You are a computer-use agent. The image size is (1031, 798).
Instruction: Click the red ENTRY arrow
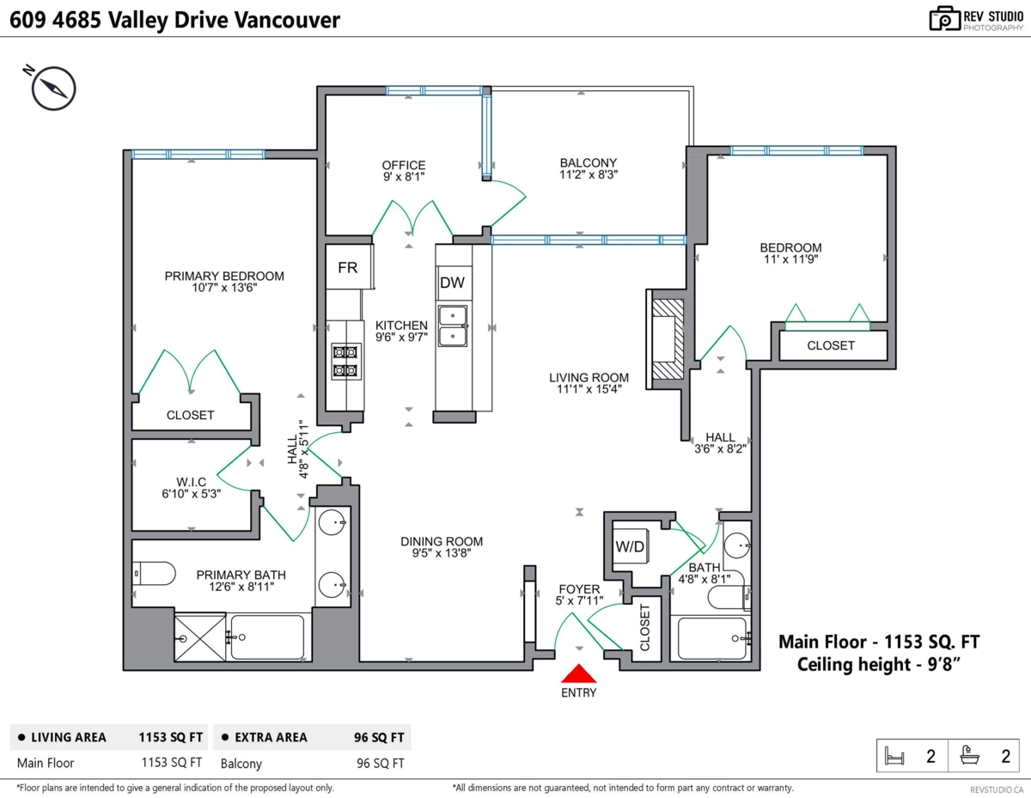tap(579, 674)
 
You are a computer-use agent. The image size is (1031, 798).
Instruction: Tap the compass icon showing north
tap(54, 88)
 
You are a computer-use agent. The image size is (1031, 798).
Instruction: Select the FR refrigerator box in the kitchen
tap(348, 267)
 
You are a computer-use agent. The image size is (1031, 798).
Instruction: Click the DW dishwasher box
tap(452, 283)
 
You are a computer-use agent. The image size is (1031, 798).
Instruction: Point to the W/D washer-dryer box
tap(630, 545)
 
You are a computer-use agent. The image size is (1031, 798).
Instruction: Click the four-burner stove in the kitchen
tap(345, 361)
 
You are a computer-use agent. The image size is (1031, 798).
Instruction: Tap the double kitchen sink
tap(453, 326)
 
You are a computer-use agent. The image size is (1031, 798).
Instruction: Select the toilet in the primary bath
tap(155, 572)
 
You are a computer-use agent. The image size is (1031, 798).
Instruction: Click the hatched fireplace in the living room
tap(667, 338)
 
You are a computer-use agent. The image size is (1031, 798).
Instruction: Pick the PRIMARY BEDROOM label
tap(224, 276)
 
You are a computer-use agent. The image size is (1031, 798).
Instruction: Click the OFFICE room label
tap(404, 165)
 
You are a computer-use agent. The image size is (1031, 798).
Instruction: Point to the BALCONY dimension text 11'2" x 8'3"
tap(589, 174)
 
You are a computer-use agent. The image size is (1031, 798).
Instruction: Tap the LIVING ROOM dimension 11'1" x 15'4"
tap(589, 388)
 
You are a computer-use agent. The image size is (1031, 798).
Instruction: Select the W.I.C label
tap(190, 481)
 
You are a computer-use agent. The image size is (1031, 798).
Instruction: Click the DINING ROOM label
tap(442, 541)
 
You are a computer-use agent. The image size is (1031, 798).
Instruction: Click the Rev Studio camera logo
tap(945, 19)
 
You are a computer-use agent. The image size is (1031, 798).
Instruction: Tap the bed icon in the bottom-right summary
tap(895, 757)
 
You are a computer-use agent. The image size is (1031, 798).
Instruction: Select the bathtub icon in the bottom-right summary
tap(969, 757)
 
